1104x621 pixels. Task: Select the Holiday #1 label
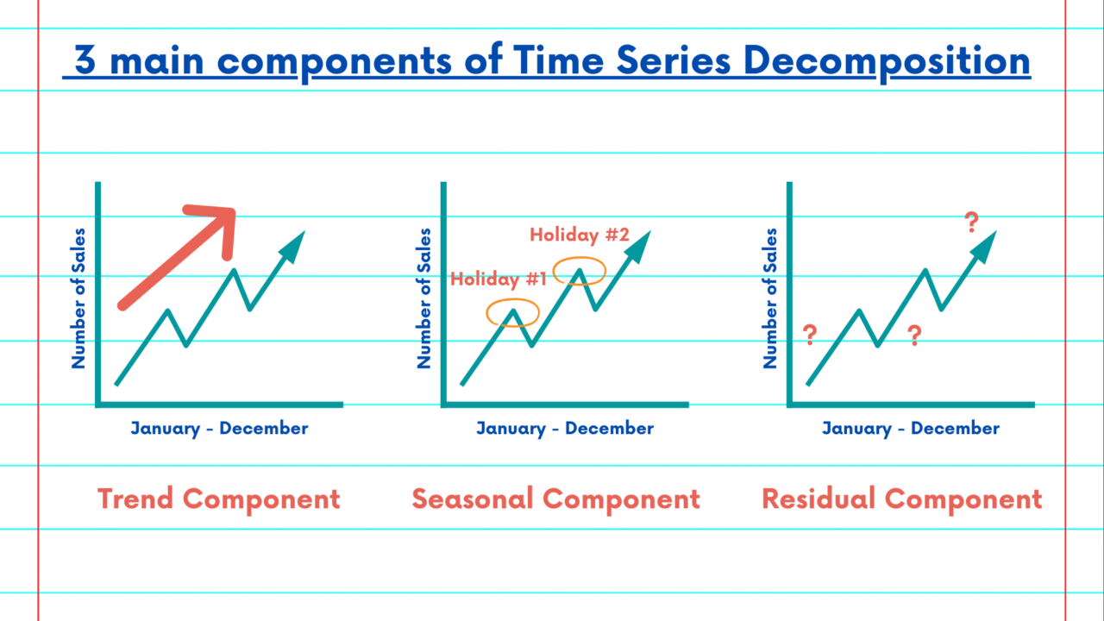(499, 279)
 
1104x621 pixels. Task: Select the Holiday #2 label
(579, 234)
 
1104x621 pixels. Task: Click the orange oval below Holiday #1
(512, 312)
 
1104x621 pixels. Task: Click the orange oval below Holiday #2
(580, 272)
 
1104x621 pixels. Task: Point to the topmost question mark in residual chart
(972, 223)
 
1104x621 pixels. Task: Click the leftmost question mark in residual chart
(810, 335)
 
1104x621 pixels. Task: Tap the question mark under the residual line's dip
(914, 336)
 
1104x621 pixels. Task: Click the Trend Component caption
(219, 499)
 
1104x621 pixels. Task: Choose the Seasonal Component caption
(555, 499)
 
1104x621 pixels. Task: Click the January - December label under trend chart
(219, 428)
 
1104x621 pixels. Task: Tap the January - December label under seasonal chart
(565, 428)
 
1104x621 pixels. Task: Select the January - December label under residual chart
(911, 428)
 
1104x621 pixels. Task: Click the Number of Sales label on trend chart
(79, 298)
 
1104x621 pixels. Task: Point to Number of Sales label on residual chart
(771, 298)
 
